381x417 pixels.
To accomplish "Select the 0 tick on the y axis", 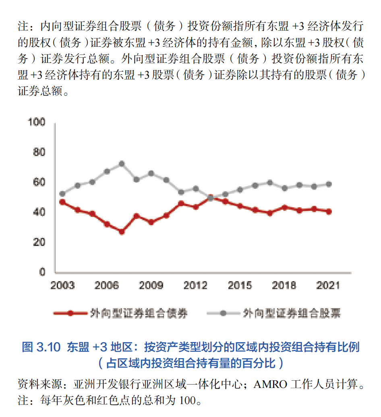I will [42, 272].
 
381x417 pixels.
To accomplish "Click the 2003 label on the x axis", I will [62, 286].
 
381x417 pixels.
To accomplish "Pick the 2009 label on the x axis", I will [151, 286].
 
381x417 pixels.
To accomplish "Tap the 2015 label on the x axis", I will [240, 286].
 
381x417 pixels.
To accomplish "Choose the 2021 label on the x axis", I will [328, 286].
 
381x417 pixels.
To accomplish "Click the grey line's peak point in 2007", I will [122, 164].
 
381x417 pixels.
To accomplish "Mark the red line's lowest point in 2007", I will [122, 231].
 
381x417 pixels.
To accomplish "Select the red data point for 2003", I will [62, 202].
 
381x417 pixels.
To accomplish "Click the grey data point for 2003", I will [62, 194].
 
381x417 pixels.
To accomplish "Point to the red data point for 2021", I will [329, 211].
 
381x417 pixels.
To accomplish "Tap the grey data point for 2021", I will [329, 184].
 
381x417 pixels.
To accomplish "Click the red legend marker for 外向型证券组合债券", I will [70, 313].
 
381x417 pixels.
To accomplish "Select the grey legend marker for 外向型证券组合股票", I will [223, 313].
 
